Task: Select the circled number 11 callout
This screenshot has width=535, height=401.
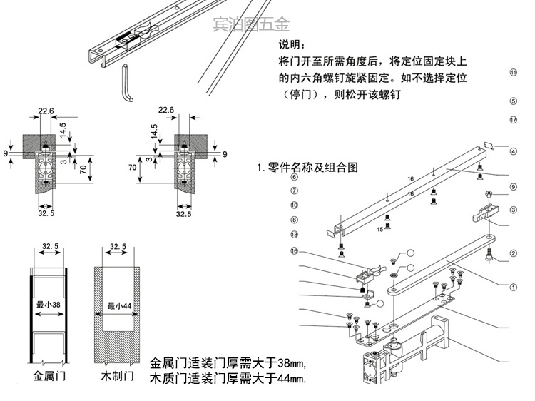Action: (511, 72)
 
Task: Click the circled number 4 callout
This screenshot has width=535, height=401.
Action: (511, 151)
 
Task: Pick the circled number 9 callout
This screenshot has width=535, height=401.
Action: (511, 187)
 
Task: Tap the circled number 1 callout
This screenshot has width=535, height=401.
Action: (511, 288)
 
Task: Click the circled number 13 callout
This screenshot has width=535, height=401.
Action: (294, 235)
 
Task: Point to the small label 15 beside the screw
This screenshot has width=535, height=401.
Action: (380, 229)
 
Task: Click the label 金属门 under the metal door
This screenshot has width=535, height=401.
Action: (49, 375)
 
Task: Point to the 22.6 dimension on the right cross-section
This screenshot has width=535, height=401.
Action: (165, 110)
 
